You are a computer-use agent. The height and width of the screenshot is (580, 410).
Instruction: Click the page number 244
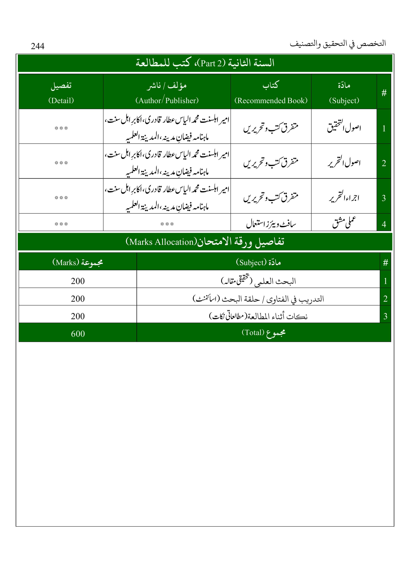(x=38, y=46)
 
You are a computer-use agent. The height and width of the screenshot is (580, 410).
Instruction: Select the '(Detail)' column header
(x=61, y=100)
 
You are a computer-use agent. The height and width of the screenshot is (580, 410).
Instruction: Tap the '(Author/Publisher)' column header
(x=167, y=100)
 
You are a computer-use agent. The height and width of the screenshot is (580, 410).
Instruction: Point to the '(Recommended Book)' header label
(x=271, y=100)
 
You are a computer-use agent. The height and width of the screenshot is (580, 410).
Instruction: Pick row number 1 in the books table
(x=384, y=129)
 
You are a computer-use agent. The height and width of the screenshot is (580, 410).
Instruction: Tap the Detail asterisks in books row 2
(x=61, y=163)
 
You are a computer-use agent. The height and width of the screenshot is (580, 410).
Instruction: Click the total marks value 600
(x=78, y=334)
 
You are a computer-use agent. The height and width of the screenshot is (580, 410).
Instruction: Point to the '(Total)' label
(x=253, y=332)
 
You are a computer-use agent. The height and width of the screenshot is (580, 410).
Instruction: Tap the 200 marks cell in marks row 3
(x=78, y=316)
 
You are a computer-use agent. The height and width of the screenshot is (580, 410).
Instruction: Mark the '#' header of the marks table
(x=385, y=263)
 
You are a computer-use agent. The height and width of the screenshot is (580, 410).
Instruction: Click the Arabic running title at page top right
(x=338, y=44)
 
